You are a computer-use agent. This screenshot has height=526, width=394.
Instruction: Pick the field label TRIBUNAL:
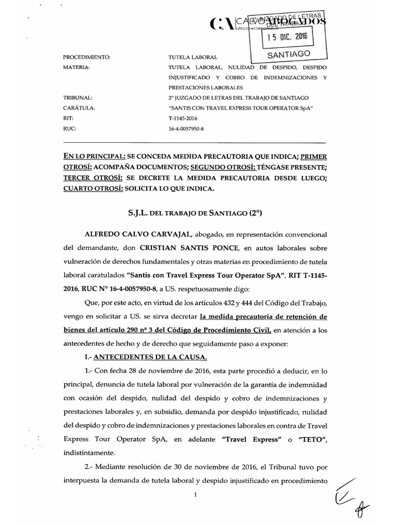click(x=77, y=98)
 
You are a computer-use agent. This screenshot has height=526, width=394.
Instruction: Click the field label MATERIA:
click(x=76, y=67)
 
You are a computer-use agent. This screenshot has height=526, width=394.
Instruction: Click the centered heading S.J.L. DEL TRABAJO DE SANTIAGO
click(x=193, y=212)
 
